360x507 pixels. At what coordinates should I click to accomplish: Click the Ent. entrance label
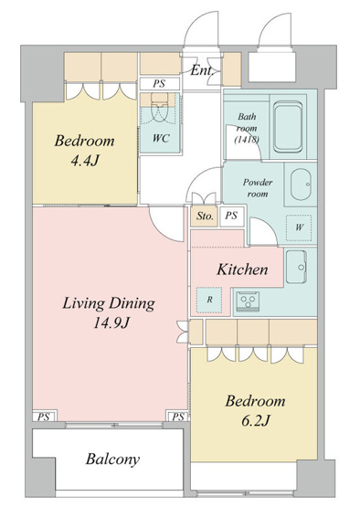[x=202, y=70]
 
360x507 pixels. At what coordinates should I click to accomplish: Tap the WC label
[x=161, y=138]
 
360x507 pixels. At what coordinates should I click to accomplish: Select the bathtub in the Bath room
[x=288, y=127]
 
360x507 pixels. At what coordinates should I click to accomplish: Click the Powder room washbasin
[x=301, y=185]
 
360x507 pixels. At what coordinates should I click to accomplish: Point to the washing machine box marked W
[x=299, y=227]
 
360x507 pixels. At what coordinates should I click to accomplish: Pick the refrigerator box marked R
[x=209, y=300]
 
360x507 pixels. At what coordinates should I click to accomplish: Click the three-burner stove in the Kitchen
[x=249, y=301]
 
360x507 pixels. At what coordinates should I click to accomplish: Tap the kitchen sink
[x=296, y=267]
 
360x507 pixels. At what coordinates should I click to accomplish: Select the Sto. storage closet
[x=204, y=216]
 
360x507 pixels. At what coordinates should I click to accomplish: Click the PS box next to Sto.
[x=231, y=216]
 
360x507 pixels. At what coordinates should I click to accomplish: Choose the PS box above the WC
[x=159, y=84]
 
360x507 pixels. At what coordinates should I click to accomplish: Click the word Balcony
[x=113, y=459]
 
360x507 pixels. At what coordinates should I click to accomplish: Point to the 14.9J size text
[x=111, y=322]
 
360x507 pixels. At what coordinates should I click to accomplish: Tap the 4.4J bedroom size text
[x=84, y=160]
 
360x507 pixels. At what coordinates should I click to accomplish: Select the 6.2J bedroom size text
[x=255, y=420]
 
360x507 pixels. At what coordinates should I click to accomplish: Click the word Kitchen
[x=242, y=269]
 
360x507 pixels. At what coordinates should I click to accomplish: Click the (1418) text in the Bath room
[x=247, y=140]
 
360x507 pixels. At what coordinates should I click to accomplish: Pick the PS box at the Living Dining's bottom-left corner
[x=44, y=416]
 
